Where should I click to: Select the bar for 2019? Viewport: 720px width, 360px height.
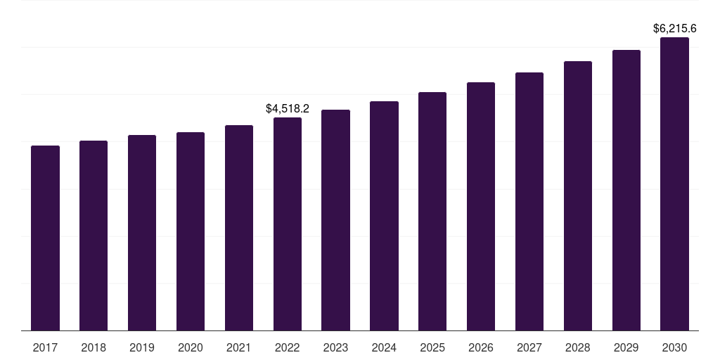click(x=142, y=233)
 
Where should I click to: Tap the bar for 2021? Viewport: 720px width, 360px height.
click(x=239, y=228)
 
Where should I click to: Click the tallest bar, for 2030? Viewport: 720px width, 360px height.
click(x=674, y=184)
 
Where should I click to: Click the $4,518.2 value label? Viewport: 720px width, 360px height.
click(x=288, y=109)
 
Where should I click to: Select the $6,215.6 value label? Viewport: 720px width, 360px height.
click(x=674, y=29)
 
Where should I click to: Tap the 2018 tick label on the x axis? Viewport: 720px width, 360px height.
click(x=94, y=347)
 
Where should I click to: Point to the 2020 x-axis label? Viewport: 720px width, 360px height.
click(x=191, y=347)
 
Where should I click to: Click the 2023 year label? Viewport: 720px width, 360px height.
click(x=335, y=347)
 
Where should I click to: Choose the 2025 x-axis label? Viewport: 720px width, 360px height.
click(x=432, y=347)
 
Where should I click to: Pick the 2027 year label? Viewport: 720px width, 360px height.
click(x=529, y=347)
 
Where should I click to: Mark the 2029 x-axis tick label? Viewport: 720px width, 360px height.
click(x=626, y=347)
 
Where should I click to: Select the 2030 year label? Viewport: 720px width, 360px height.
click(x=674, y=347)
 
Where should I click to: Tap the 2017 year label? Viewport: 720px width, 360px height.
click(x=45, y=347)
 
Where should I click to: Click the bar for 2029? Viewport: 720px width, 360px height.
click(x=626, y=190)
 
